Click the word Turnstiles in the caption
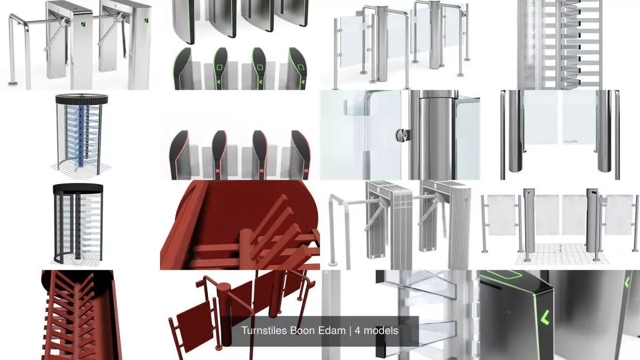(263, 331)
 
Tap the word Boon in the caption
(302, 331)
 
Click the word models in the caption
(380, 331)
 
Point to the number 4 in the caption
(359, 331)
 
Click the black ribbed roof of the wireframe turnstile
(81, 99)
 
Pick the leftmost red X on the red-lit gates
(218, 171)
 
